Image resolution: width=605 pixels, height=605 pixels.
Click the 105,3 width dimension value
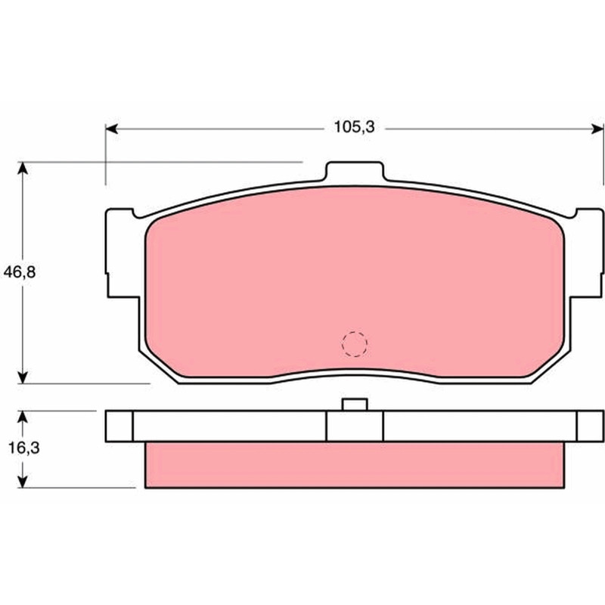tap(354, 127)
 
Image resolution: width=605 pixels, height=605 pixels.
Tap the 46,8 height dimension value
tap(20, 272)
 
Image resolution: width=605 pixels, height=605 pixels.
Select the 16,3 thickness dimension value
tap(24, 448)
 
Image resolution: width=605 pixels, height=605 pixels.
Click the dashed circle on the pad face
tap(355, 344)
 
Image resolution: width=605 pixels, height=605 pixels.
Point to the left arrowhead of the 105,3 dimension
tap(111, 129)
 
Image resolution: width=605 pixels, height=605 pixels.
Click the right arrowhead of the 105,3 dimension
tap(597, 129)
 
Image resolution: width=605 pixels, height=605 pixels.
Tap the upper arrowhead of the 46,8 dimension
tap(23, 168)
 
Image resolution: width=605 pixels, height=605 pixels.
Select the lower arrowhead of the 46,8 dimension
tap(23, 377)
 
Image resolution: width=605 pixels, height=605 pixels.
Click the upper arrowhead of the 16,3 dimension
tap(23, 417)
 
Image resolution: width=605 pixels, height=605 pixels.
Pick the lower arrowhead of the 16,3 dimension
tap(23, 482)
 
